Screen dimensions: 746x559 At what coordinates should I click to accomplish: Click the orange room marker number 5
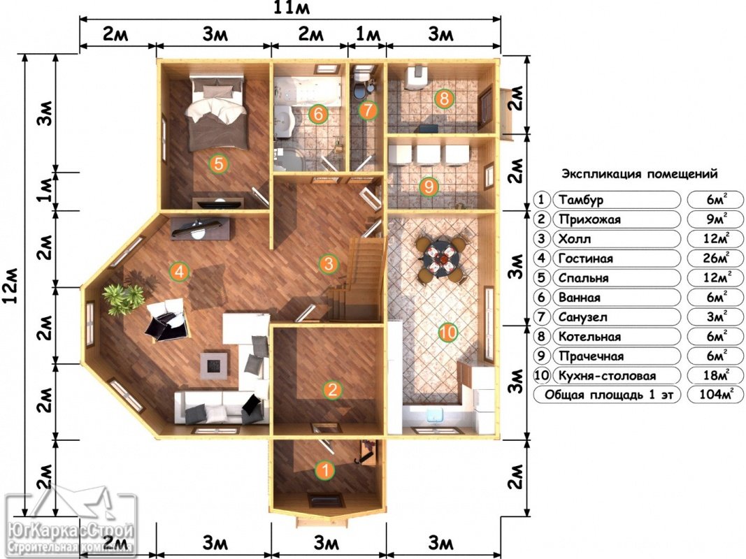pyautogui.click(x=218, y=164)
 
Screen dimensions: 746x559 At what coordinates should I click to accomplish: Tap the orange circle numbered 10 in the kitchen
pyautogui.click(x=447, y=333)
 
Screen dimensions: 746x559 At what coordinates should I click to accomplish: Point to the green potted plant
pyautogui.click(x=123, y=299)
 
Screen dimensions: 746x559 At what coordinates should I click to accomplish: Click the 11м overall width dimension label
pyautogui.click(x=291, y=8)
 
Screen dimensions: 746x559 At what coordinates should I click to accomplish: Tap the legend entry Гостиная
pyautogui.click(x=586, y=259)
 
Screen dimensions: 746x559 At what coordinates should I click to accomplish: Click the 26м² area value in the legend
pyautogui.click(x=715, y=258)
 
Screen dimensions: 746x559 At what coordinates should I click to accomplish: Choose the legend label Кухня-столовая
pyautogui.click(x=607, y=376)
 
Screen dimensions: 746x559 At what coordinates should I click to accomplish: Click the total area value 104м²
pyautogui.click(x=715, y=394)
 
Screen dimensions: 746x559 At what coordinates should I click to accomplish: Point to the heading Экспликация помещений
pyautogui.click(x=640, y=174)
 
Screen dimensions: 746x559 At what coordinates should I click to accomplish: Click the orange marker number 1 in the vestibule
pyautogui.click(x=325, y=470)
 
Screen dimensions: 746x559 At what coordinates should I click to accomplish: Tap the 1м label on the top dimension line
pyautogui.click(x=368, y=35)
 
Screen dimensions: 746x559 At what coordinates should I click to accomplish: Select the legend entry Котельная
pyautogui.click(x=590, y=337)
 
